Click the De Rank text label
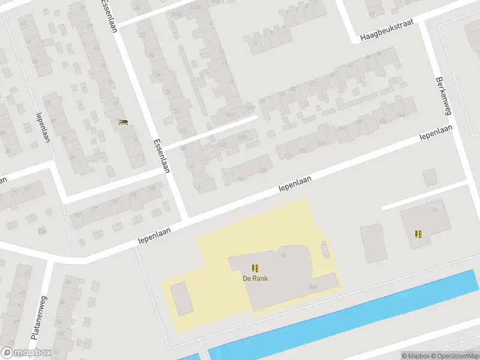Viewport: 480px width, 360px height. [x=255, y=278]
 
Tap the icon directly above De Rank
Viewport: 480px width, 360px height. [x=255, y=268]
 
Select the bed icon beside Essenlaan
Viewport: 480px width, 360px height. [x=124, y=122]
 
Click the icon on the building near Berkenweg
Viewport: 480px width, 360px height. [x=418, y=234]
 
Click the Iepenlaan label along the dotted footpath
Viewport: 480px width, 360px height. [x=43, y=127]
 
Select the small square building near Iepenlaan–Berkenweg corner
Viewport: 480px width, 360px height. [x=430, y=177]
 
